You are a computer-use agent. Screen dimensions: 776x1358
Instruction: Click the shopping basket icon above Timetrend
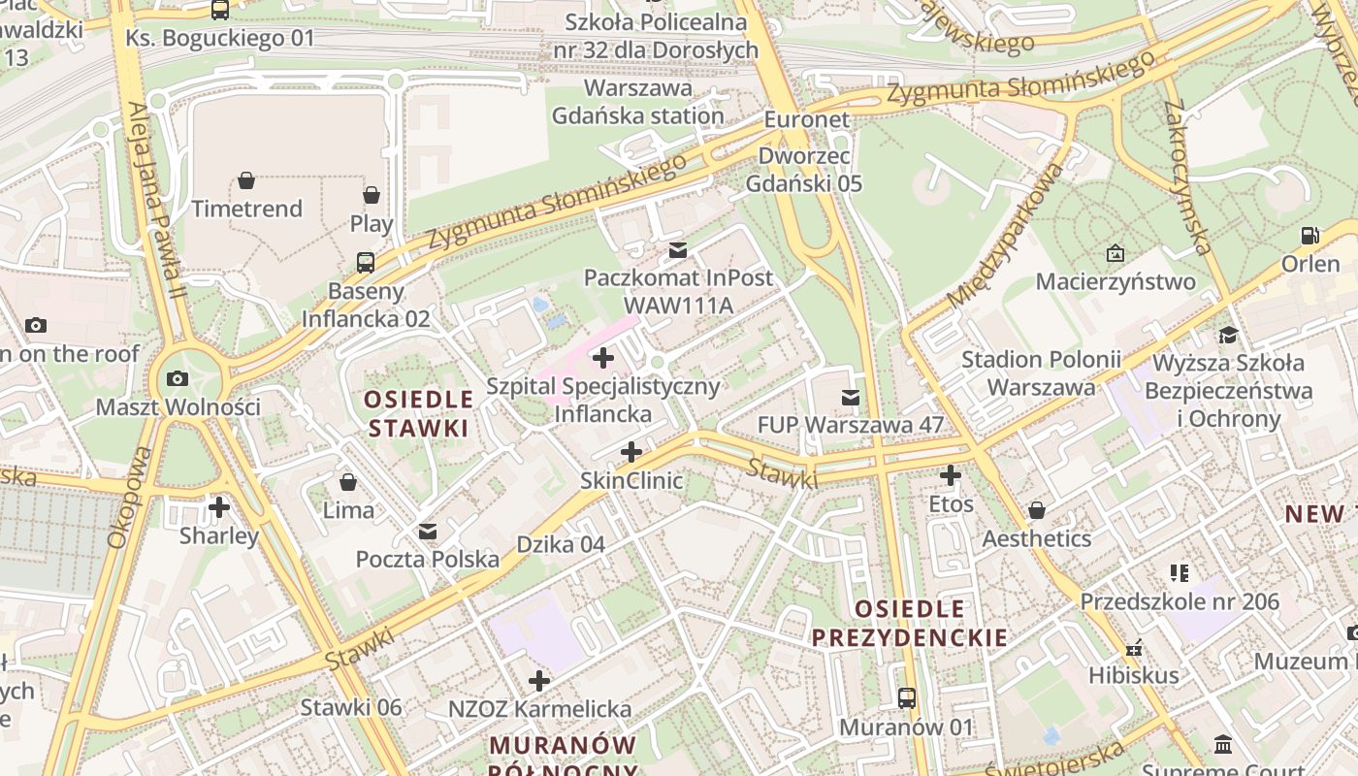pos(246,180)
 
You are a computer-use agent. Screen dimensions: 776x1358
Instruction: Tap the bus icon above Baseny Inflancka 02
pos(366,262)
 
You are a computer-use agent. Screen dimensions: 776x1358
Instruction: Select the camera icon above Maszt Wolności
pos(177,378)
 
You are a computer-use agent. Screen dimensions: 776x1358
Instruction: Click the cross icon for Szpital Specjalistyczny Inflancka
pos(603,358)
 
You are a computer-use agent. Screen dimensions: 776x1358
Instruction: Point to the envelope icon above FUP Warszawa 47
pos(851,397)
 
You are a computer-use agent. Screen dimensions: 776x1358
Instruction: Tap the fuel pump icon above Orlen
pos(1309,236)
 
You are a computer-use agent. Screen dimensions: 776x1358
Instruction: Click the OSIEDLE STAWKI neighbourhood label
pos(418,413)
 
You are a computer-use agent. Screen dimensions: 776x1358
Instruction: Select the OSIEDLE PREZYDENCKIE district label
pos(909,623)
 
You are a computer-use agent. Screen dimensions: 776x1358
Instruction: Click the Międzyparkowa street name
pos(1006,237)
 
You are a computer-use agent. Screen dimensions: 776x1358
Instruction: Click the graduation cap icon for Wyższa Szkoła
pos(1229,336)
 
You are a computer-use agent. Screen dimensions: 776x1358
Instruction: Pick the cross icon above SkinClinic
pos(631,452)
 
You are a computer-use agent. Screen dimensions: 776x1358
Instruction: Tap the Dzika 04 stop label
pos(561,544)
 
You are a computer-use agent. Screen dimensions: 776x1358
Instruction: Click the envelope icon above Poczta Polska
pos(428,532)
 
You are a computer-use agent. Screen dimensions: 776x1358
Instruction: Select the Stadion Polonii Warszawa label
pos(1041,373)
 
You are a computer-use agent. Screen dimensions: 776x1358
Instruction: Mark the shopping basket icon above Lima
pos(348,481)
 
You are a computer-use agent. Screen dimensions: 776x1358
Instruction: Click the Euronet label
pos(806,119)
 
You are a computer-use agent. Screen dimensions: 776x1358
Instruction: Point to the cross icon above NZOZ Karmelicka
pos(539,681)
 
